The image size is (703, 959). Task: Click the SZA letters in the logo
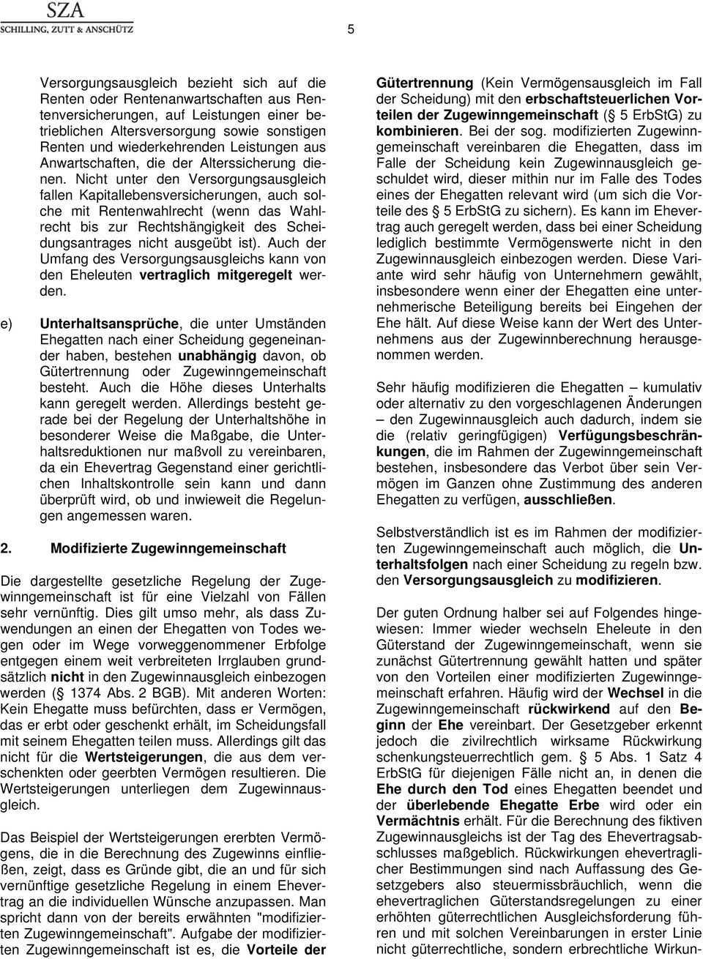pyautogui.click(x=65, y=10)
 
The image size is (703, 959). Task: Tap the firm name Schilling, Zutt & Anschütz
pyautogui.click(x=67, y=29)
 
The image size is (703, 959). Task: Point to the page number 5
pyautogui.click(x=351, y=29)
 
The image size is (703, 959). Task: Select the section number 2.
pyautogui.click(x=7, y=548)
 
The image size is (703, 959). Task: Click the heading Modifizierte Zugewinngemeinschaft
pyautogui.click(x=168, y=548)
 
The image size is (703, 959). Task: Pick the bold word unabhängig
pyautogui.click(x=217, y=355)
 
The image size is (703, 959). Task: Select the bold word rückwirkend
pyautogui.click(x=569, y=709)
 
